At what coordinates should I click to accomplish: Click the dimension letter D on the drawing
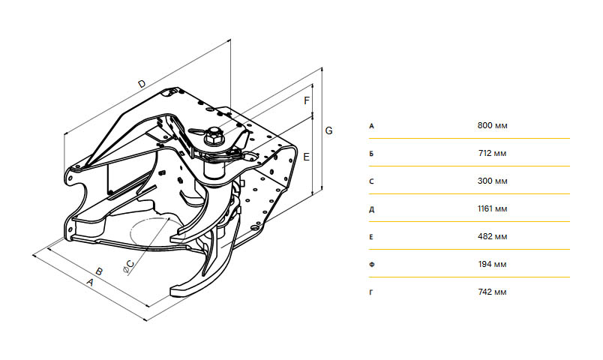click(x=142, y=83)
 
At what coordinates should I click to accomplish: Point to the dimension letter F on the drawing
click(x=307, y=100)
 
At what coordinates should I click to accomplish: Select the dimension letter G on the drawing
click(x=328, y=130)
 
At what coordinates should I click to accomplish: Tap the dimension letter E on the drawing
click(x=307, y=157)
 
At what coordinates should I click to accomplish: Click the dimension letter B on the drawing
click(x=99, y=271)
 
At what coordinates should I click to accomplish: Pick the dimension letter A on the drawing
click(x=90, y=282)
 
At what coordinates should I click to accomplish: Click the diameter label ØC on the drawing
click(x=129, y=266)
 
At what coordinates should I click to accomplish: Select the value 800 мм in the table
click(x=492, y=126)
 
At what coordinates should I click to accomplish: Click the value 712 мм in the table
click(x=492, y=154)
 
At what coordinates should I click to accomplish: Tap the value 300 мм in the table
click(x=492, y=181)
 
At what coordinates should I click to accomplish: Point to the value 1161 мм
click(x=492, y=208)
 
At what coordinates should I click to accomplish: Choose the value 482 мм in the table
click(x=492, y=236)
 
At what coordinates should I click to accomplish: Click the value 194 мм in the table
click(x=492, y=264)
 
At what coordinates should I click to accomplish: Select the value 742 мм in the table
click(x=492, y=292)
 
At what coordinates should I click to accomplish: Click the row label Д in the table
click(x=371, y=209)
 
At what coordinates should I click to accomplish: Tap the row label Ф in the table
click(x=371, y=265)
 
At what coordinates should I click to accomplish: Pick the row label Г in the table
click(x=370, y=292)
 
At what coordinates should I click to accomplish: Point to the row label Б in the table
click(x=371, y=154)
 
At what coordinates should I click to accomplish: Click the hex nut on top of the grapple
click(x=214, y=136)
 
